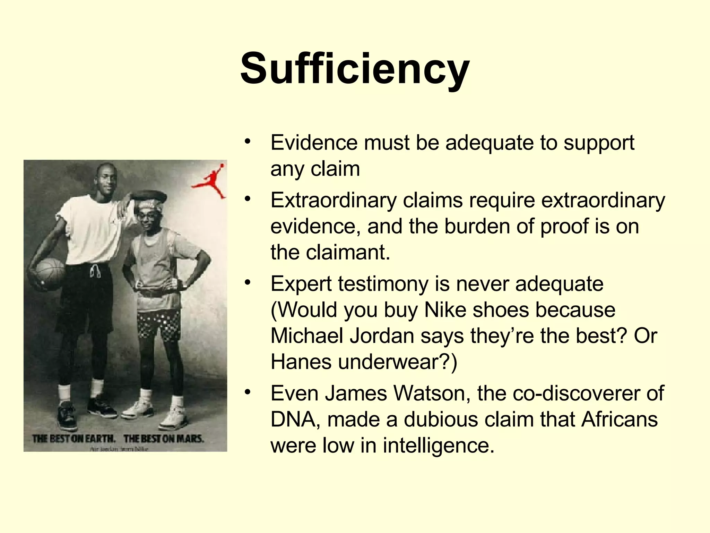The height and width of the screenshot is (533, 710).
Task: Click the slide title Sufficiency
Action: [355, 68]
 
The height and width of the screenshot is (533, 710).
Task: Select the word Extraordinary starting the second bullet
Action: [334, 200]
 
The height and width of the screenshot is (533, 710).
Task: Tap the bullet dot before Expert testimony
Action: [247, 282]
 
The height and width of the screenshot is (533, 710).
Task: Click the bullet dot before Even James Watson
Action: [247, 392]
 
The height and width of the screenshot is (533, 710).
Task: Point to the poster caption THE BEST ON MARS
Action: [164, 439]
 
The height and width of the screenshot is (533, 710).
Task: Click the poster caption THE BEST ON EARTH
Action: [73, 439]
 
